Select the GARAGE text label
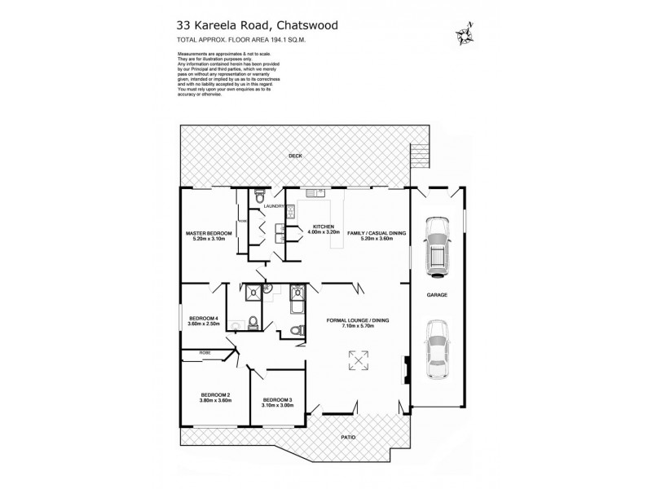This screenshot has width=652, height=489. click(438, 294)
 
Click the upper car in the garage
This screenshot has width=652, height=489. click(438, 242)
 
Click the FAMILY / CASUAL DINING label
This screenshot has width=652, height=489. click(377, 233)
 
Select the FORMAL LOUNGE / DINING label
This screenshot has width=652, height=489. click(357, 320)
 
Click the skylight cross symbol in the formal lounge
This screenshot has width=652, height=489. click(357, 359)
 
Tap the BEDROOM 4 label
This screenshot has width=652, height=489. click(203, 318)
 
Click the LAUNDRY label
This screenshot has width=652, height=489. click(274, 206)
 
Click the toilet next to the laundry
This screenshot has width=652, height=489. click(258, 196)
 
